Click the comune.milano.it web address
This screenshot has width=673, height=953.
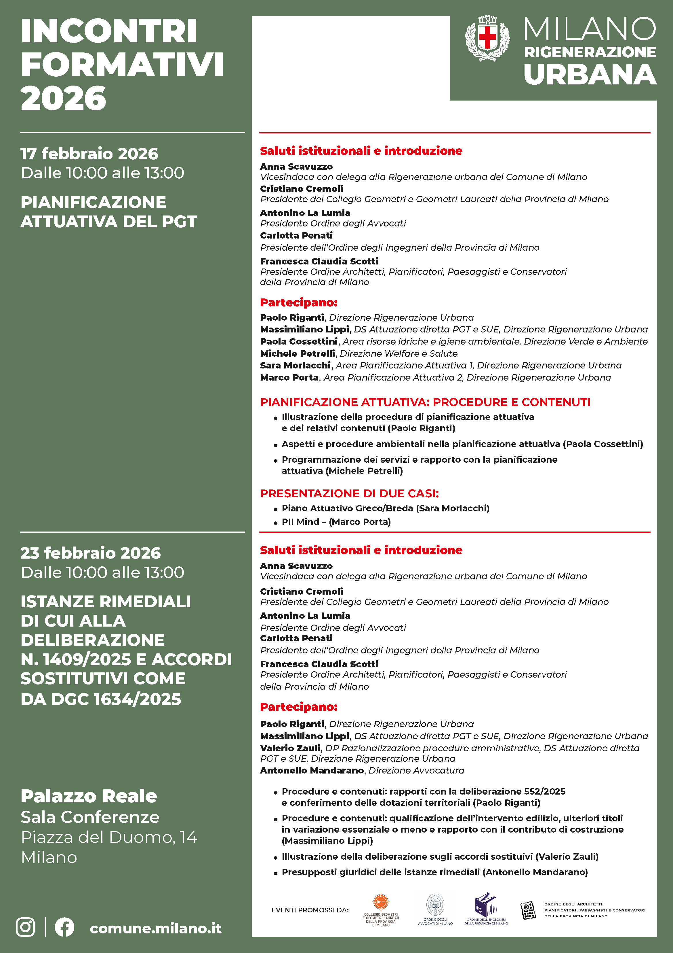[155, 928]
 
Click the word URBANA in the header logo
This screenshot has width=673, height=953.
[590, 75]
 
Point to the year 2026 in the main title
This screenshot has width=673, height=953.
[63, 99]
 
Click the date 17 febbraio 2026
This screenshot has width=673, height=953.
[89, 154]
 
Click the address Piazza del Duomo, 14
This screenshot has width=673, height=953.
[109, 837]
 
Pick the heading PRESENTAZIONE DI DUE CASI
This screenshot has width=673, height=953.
[349, 493]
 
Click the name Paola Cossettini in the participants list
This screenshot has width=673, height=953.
[299, 341]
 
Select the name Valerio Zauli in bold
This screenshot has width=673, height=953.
[290, 748]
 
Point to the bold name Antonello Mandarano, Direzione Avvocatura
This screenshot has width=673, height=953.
[312, 770]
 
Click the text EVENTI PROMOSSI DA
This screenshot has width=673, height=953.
[310, 910]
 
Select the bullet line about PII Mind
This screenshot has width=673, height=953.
[336, 522]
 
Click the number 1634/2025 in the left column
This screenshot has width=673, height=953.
[137, 699]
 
